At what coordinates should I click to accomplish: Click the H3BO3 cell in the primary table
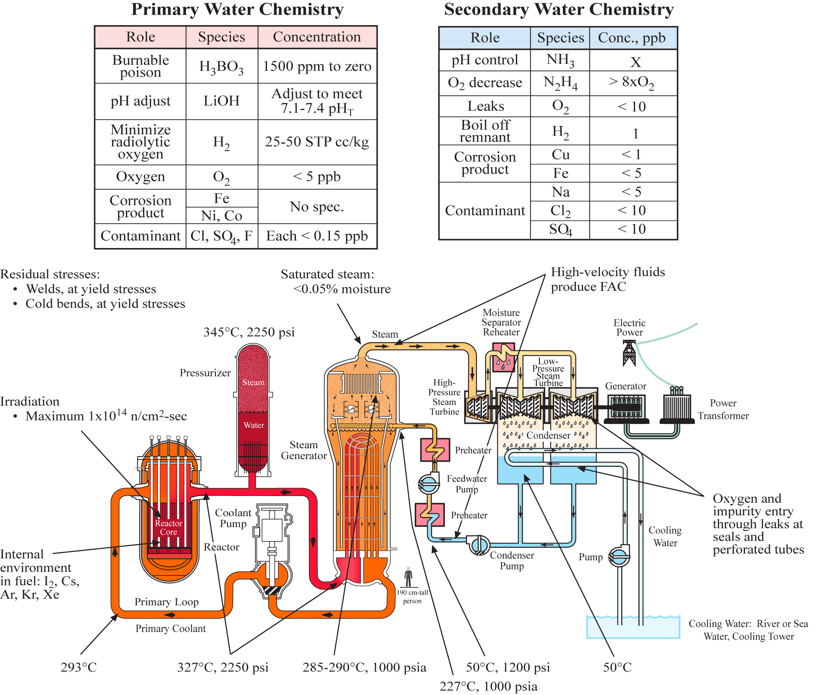click(x=221, y=66)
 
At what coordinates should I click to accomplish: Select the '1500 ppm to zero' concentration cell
click(x=317, y=66)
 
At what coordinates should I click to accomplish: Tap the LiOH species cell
click(x=221, y=101)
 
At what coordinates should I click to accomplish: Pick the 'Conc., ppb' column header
click(x=632, y=38)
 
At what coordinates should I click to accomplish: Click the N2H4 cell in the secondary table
click(x=560, y=83)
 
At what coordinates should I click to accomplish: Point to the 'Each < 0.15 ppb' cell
click(x=317, y=236)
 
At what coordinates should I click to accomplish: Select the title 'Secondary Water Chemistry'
click(x=559, y=9)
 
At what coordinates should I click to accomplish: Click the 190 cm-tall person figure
click(x=408, y=577)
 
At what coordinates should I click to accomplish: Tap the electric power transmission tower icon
click(x=629, y=353)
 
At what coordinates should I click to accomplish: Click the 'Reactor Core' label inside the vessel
click(x=168, y=528)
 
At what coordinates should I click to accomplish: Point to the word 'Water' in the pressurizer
click(x=254, y=425)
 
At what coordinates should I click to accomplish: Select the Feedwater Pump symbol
click(x=429, y=483)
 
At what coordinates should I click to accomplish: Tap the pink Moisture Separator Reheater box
click(x=503, y=357)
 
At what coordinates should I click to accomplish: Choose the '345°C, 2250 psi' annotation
click(x=249, y=332)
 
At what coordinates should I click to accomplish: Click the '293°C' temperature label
click(x=78, y=667)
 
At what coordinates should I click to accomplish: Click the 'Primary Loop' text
click(x=166, y=602)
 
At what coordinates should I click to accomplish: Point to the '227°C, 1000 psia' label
click(x=488, y=686)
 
